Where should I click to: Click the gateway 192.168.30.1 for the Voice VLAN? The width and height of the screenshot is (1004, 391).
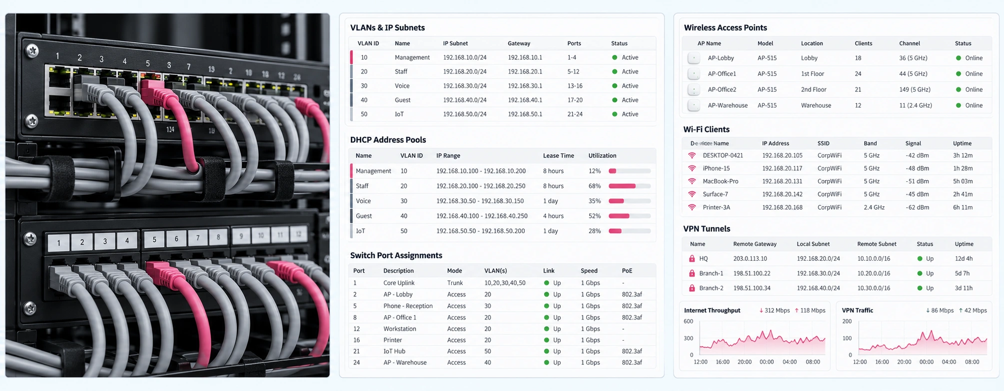click(x=525, y=86)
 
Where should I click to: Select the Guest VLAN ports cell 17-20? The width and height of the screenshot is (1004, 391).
click(x=575, y=100)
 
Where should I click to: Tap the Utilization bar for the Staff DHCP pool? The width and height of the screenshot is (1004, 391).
click(x=630, y=186)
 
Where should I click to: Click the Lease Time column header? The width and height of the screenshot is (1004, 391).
click(x=558, y=156)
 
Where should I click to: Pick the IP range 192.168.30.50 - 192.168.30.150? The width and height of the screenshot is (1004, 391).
click(x=480, y=201)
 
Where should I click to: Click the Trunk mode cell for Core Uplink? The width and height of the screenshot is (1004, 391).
click(x=455, y=283)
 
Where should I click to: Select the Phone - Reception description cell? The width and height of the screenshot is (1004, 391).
click(x=408, y=306)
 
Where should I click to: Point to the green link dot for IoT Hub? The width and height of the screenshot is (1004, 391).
click(x=546, y=351)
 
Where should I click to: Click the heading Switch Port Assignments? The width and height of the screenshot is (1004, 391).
click(x=396, y=255)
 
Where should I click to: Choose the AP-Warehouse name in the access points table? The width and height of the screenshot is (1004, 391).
click(x=728, y=105)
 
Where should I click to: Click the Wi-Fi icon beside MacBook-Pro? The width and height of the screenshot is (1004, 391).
click(x=692, y=181)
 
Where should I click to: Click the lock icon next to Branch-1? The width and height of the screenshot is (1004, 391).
click(x=692, y=273)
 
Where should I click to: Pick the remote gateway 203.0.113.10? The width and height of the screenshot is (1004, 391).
click(x=750, y=259)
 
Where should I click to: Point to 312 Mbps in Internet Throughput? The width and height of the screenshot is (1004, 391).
click(x=777, y=311)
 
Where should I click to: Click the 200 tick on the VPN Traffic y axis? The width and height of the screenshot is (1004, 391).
click(x=847, y=321)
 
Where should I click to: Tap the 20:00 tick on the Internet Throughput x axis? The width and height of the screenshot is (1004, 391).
click(x=745, y=362)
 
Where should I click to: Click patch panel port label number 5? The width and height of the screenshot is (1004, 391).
click(x=154, y=240)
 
